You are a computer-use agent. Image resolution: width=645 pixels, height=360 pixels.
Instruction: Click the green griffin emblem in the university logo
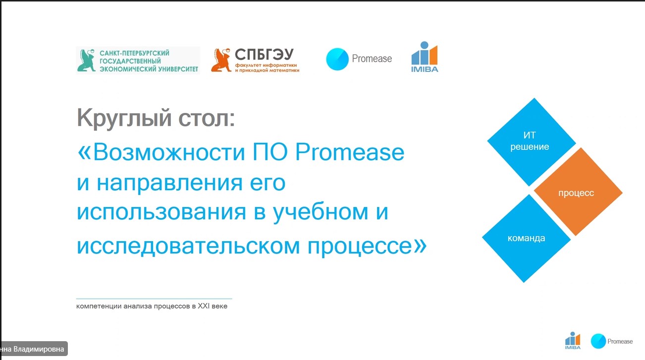pyautogui.click(x=86, y=60)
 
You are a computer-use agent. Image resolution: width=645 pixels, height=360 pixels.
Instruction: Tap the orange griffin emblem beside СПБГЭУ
pyautogui.click(x=221, y=60)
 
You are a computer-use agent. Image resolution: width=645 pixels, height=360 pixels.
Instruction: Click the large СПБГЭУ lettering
pyautogui.click(x=264, y=54)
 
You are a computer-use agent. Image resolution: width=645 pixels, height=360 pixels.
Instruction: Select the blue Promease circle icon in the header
pyautogui.click(x=337, y=59)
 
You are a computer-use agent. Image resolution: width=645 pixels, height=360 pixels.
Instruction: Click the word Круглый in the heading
pyautogui.click(x=124, y=118)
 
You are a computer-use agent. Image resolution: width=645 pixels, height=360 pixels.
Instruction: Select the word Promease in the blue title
pyautogui.click(x=350, y=152)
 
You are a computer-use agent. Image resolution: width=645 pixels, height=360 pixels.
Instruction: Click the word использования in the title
pyautogui.click(x=161, y=212)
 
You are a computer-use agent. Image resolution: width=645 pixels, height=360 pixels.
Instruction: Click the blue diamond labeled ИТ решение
pyautogui.click(x=532, y=142)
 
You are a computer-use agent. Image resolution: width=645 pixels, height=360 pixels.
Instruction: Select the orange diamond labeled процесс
pyautogui.click(x=578, y=192)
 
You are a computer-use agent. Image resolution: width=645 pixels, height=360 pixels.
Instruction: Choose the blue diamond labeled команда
pyautogui.click(x=527, y=238)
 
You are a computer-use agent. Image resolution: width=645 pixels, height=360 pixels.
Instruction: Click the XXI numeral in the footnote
pyautogui.click(x=203, y=306)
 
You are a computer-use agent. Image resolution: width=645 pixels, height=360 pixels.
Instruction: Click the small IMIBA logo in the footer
pyautogui.click(x=573, y=341)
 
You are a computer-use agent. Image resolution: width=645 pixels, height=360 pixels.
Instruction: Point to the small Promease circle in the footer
pyautogui.click(x=598, y=341)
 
